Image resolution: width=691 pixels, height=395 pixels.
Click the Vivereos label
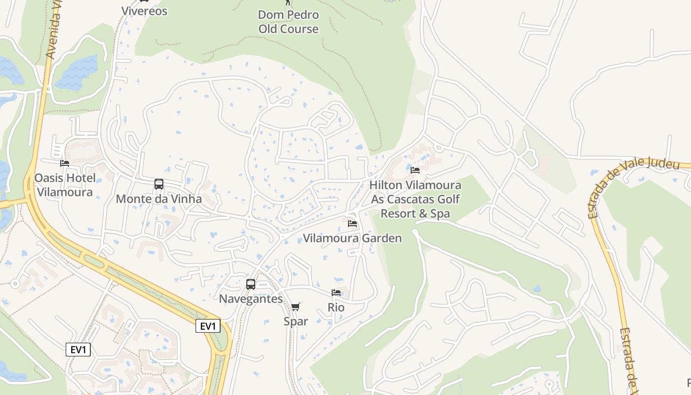(144, 11)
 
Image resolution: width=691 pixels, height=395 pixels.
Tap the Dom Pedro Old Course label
(288, 22)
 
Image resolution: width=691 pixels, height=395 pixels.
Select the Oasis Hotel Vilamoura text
(65, 185)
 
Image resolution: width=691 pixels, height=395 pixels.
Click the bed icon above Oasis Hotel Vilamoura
(65, 163)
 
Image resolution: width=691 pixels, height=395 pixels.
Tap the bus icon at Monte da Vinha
(158, 184)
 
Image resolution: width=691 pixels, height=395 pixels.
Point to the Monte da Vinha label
(158, 199)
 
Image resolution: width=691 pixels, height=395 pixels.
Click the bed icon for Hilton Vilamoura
(415, 170)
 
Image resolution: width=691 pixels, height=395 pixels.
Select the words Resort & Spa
(415, 214)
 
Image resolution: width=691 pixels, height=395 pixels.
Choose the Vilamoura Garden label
(352, 238)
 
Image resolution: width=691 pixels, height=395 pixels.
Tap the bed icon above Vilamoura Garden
(352, 224)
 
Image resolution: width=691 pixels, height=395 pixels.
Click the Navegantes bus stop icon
(251, 284)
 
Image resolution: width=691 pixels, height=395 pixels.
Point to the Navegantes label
(251, 299)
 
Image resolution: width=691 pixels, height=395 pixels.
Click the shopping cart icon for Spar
(296, 307)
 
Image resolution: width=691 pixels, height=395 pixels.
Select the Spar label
(296, 321)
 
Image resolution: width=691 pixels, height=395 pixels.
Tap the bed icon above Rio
(336, 293)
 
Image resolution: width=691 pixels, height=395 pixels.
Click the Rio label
(336, 308)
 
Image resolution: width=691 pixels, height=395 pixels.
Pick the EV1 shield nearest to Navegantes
(208, 326)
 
